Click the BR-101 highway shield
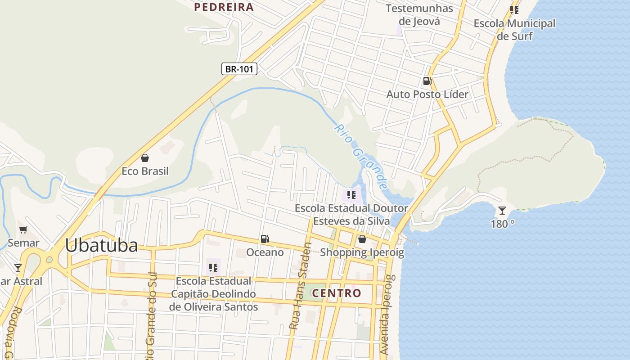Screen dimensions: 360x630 [239, 69]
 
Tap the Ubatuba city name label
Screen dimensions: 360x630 [101, 246]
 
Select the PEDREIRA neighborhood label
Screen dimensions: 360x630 [224, 7]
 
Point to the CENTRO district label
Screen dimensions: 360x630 [337, 293]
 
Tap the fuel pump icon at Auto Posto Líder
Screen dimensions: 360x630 [427, 81]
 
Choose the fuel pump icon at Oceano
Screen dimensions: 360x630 [265, 239]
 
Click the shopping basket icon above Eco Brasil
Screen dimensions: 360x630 [145, 158]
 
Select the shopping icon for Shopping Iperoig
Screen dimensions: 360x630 [362, 239]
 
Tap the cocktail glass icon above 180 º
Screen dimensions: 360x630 [502, 210]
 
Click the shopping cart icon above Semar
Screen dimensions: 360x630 [23, 229]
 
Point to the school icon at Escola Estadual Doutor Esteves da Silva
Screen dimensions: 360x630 [351, 195]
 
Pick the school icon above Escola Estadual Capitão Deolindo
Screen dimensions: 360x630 [213, 268]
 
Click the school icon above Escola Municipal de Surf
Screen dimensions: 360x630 [514, 9]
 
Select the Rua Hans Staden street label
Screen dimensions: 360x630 [300, 287]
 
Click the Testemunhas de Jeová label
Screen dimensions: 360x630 [419, 14]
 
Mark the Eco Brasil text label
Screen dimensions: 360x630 [145, 171]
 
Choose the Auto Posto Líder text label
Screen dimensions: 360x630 [427, 94]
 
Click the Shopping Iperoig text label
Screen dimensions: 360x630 [362, 252]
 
